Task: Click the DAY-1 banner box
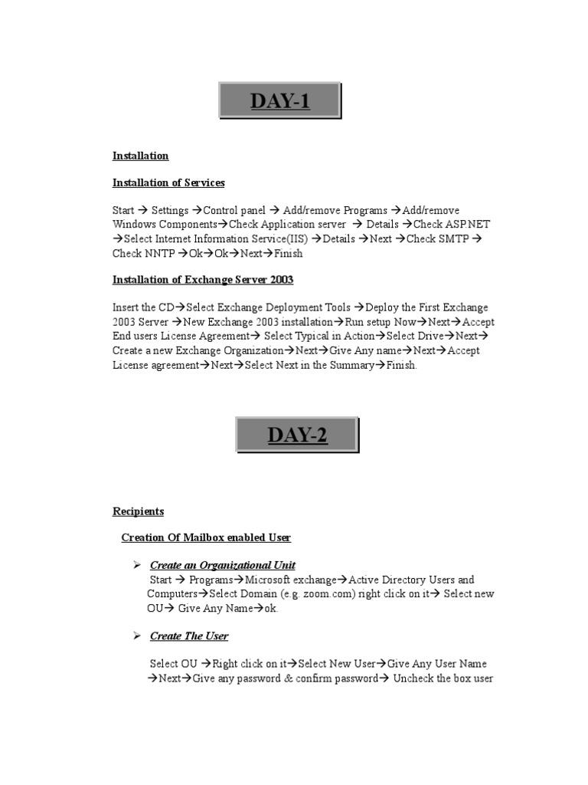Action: (x=280, y=101)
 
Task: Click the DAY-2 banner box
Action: (x=297, y=435)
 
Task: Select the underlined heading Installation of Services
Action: (x=168, y=182)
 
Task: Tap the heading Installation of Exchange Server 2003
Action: (x=203, y=279)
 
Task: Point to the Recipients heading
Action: (x=138, y=511)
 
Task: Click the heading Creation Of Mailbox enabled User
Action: (x=206, y=537)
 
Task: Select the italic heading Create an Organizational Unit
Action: (x=222, y=566)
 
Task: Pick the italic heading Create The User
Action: (x=189, y=636)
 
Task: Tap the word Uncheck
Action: (x=413, y=678)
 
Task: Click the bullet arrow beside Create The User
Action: (x=137, y=636)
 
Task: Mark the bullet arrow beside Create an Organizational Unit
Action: (x=137, y=565)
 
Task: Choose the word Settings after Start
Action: (x=169, y=210)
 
